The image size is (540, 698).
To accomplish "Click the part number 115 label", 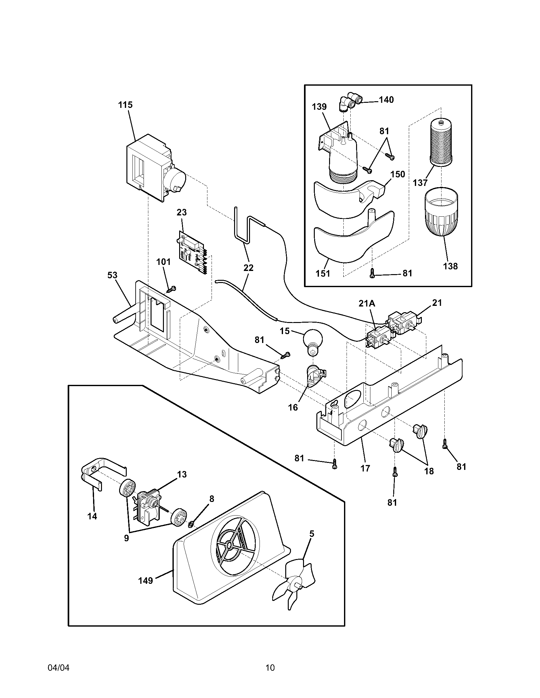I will point(125,105).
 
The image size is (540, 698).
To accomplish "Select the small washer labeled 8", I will point(191,524).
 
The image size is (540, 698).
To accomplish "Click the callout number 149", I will point(145,580).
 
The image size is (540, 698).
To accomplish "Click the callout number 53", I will point(112,275).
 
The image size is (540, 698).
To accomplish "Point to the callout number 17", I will point(365,468).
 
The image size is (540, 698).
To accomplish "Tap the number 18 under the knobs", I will point(429,471).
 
